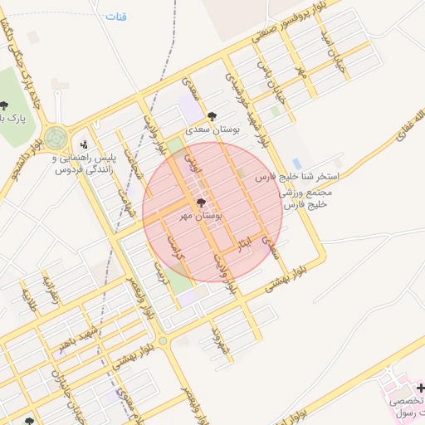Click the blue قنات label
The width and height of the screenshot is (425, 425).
116,17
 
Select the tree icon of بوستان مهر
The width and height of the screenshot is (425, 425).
201,203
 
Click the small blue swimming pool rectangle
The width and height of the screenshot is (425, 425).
296,164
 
